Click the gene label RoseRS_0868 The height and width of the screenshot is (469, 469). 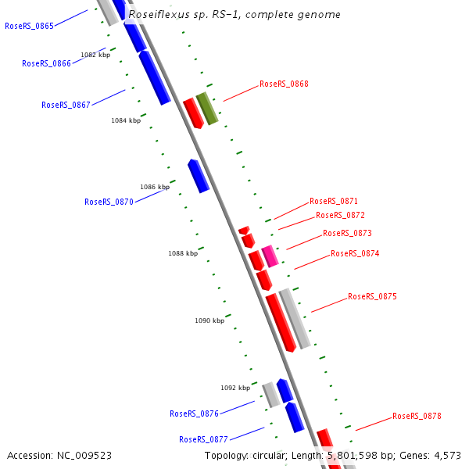pos(284,84)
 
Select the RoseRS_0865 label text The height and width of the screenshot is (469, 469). pos(29,26)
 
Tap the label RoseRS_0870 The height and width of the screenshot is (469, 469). pos(109,202)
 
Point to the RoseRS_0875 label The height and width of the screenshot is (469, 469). pos(372,296)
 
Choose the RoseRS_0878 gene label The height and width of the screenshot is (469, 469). pos(417,416)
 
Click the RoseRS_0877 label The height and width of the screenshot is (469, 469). pos(203,439)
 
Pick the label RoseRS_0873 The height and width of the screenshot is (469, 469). pos(347,233)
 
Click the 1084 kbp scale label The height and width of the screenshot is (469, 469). pos(126,120)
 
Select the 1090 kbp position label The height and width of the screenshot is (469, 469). pos(209,320)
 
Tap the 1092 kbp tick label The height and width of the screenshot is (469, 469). pos(235,388)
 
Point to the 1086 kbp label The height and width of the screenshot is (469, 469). pos(155,187)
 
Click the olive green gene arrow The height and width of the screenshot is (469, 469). pos(206,108)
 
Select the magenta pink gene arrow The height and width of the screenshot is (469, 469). pos(270,256)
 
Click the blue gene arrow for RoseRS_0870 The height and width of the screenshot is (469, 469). pos(199,176)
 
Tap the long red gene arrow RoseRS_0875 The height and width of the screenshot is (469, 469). pos(280,322)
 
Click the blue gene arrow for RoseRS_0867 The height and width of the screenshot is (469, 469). pos(155,77)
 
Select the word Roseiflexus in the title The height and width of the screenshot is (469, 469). pos(159,14)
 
